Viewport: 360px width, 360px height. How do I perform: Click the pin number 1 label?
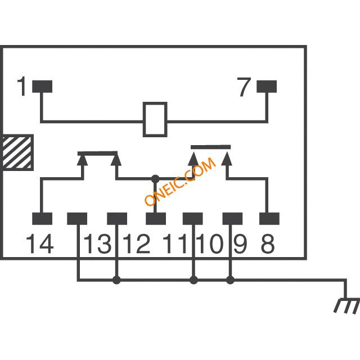click(x=22, y=86)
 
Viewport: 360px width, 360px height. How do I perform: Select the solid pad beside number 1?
click(x=42, y=86)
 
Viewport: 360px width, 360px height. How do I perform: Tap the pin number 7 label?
click(x=244, y=87)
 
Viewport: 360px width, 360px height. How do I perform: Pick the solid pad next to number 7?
click(x=267, y=86)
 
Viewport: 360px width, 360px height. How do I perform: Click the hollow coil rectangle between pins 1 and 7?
click(x=155, y=103)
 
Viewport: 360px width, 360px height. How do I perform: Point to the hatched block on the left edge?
click(x=17, y=152)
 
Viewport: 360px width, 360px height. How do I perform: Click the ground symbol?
click(x=346, y=305)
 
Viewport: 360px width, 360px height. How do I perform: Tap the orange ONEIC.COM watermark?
click(x=180, y=181)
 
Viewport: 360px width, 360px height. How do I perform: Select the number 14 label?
click(x=40, y=244)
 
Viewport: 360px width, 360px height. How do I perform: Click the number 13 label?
click(x=97, y=244)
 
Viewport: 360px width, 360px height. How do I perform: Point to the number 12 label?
click(x=136, y=244)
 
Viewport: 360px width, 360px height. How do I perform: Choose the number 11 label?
click(x=175, y=244)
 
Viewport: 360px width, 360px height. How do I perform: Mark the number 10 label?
click(x=210, y=244)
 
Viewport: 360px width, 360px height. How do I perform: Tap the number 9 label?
click(x=240, y=244)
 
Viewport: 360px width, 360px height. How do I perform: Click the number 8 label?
click(x=268, y=244)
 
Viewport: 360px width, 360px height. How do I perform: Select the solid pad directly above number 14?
click(x=42, y=219)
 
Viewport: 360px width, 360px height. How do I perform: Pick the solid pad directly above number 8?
click(x=269, y=219)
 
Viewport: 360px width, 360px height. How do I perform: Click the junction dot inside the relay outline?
click(x=155, y=179)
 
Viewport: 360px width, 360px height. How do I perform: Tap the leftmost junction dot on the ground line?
click(x=116, y=280)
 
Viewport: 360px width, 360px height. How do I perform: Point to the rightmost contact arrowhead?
click(x=227, y=159)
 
